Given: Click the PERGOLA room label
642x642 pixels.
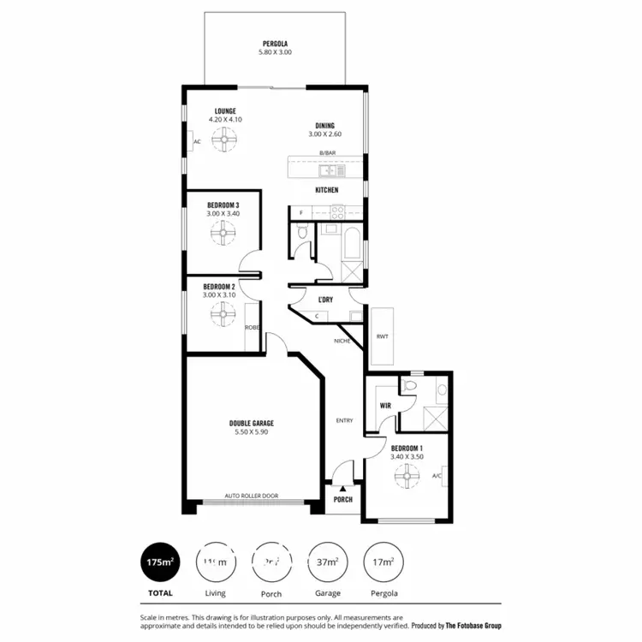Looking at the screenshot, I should (275, 44).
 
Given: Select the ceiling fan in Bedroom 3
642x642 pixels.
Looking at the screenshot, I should (223, 231).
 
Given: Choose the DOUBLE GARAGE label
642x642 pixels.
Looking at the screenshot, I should (251, 423).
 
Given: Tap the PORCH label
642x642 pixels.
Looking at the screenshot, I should (343, 499).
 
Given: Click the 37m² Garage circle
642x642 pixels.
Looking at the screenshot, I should (327, 562).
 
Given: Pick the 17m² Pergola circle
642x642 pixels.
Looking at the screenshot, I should (383, 562).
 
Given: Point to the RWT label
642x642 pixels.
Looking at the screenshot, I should (382, 336).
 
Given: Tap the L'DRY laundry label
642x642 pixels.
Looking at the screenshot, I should (325, 299).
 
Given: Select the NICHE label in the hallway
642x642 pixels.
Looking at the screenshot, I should (342, 341).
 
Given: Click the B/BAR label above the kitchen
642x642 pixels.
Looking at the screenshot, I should (326, 153).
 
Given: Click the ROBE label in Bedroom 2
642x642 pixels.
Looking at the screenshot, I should (252, 327).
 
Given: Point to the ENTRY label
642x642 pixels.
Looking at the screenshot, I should (344, 420).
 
